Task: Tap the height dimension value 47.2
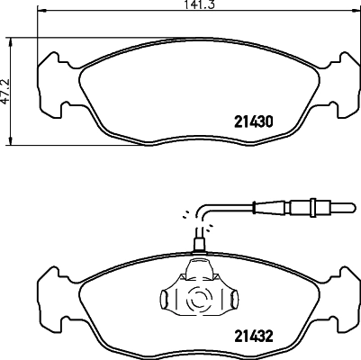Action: (x=5, y=90)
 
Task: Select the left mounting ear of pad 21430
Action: (x=47, y=89)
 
